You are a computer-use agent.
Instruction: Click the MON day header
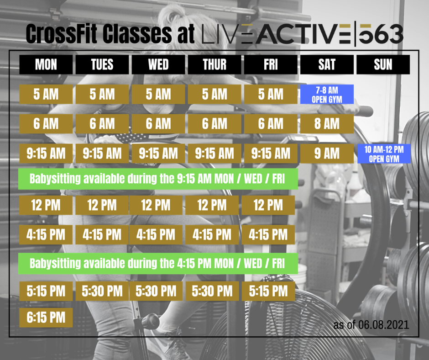tap(46, 65)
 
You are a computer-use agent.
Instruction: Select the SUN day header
tap(383, 65)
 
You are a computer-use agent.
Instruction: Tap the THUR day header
tap(214, 65)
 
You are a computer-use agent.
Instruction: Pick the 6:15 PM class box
tap(46, 318)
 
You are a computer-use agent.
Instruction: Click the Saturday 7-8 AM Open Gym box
tap(327, 95)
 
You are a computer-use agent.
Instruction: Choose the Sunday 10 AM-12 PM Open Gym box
tap(384, 154)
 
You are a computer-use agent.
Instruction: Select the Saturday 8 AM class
tap(327, 124)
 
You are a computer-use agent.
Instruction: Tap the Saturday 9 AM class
tap(327, 154)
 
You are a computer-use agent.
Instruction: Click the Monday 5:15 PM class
tap(46, 291)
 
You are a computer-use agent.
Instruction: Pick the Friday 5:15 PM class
tap(268, 291)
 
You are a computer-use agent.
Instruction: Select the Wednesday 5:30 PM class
tap(156, 291)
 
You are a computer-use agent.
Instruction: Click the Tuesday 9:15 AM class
tap(102, 154)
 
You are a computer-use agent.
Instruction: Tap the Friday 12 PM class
tap(268, 205)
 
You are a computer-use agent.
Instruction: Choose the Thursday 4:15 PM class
tap(212, 235)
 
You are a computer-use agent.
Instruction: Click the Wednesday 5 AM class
tap(158, 95)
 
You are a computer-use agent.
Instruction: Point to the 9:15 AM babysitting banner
tap(158, 179)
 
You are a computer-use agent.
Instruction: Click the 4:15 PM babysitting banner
tap(158, 264)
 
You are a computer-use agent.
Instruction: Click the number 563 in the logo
tap(381, 35)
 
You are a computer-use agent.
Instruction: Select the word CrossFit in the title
tap(62, 34)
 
